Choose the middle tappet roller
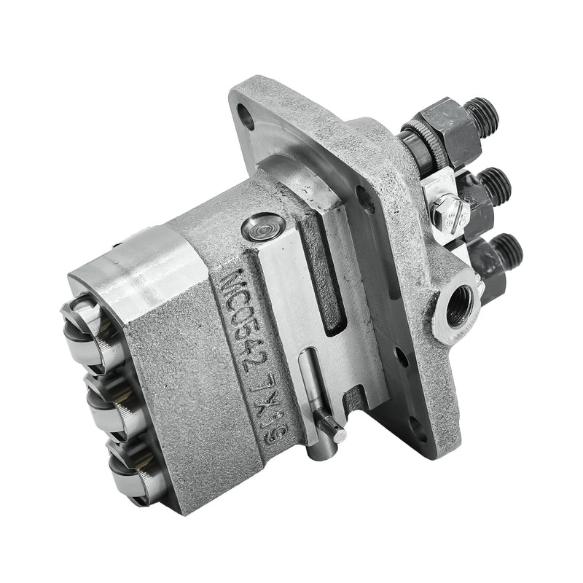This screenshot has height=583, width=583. [x=102, y=397]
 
